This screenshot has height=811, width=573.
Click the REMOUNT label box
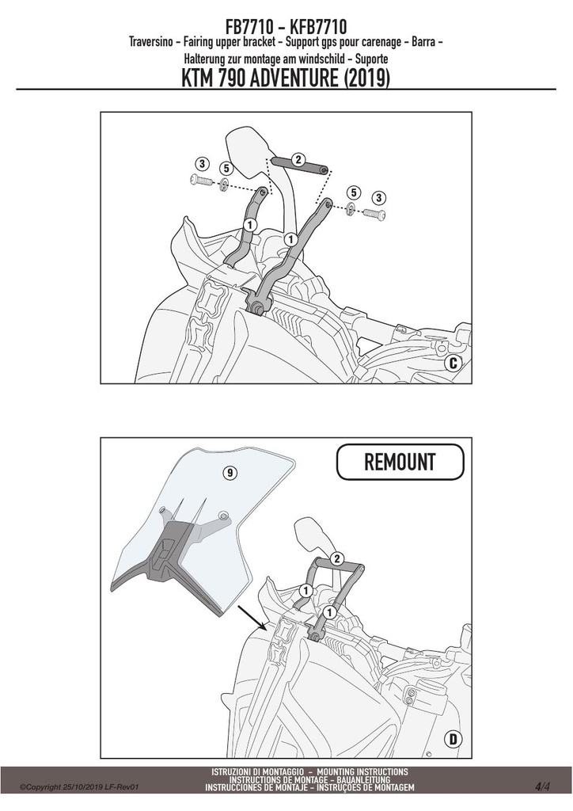coord(400,462)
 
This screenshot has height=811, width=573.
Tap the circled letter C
coord(453,363)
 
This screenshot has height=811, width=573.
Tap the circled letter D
coord(453,739)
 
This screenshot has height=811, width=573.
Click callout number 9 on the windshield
coord(230,472)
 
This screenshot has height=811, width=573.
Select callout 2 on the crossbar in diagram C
coord(298,159)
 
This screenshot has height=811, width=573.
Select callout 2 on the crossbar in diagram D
coord(336,558)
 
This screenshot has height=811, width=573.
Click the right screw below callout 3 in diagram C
coord(375,212)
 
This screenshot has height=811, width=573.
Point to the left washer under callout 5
coord(225,184)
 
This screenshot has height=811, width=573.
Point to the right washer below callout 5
coord(351,208)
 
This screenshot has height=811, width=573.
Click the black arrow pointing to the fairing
coord(252,618)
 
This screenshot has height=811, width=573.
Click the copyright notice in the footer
coord(79,788)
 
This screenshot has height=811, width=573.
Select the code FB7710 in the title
coord(246,26)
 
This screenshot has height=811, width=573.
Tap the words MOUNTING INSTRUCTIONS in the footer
coord(362,771)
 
